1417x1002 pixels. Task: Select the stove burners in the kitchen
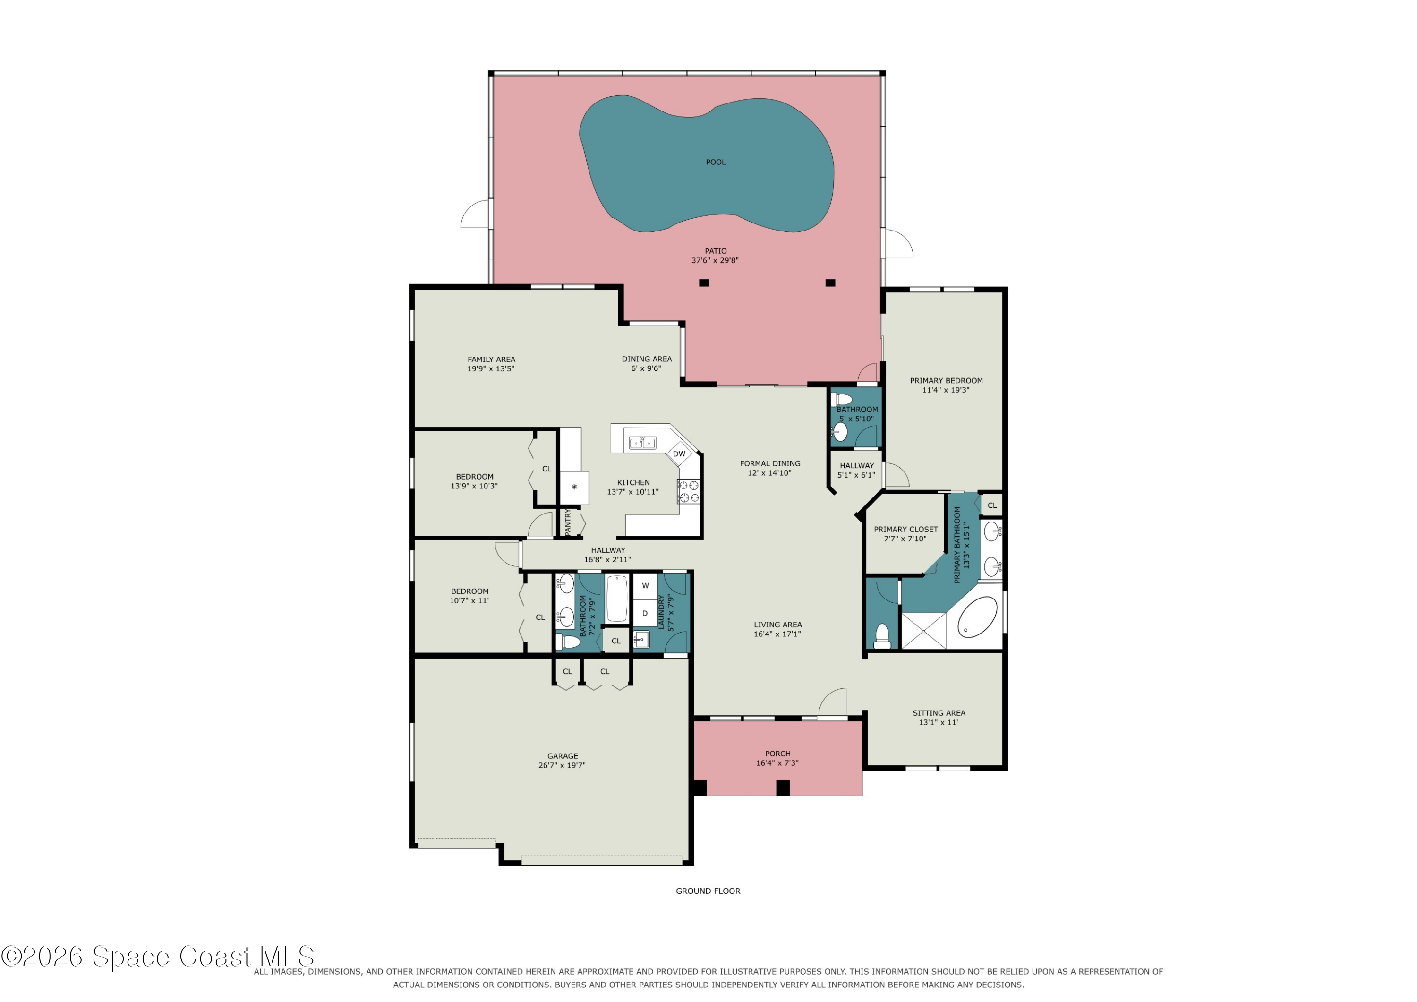[x=689, y=491]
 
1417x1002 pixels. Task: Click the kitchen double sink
[x=642, y=443]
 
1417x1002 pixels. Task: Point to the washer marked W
[x=645, y=586]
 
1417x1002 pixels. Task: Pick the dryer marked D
[x=645, y=613]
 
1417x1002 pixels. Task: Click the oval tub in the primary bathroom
[x=977, y=617]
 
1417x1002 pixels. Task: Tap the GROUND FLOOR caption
[x=708, y=891]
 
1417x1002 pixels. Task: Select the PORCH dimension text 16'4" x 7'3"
[x=777, y=763]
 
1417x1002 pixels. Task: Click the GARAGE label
[x=562, y=756]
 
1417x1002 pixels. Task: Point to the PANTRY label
[x=568, y=522]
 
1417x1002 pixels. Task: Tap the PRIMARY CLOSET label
[x=905, y=529]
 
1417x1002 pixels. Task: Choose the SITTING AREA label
[x=939, y=713]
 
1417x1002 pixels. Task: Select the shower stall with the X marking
[x=923, y=630]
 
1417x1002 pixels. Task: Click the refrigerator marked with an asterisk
[x=574, y=488]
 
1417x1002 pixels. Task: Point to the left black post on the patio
[x=704, y=283]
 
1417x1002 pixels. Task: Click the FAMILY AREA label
[x=491, y=360]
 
